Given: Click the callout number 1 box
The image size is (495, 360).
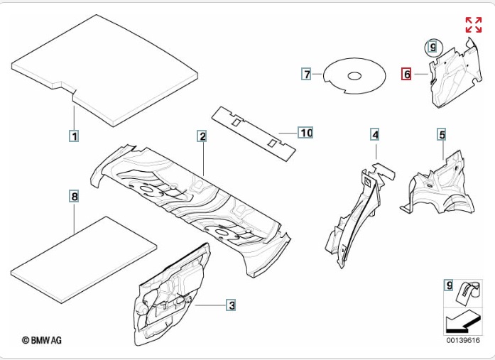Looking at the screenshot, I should tap(73, 134).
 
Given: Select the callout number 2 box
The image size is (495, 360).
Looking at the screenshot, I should tap(202, 136).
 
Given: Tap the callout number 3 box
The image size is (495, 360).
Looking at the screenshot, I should tap(231, 305).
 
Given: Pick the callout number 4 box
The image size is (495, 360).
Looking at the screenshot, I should tap(375, 133).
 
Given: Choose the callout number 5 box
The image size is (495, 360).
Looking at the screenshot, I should tap(441, 133).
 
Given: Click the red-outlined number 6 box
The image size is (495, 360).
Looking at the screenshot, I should tap(407, 74).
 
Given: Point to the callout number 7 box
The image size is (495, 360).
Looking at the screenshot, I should tap(306, 74).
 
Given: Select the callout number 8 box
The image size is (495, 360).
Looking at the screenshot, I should tap(74, 195).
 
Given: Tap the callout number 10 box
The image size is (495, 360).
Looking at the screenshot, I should tap(305, 133).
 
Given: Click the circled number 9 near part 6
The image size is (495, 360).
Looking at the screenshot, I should tap(432, 48).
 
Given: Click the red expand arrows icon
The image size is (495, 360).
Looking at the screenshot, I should tap(473, 25).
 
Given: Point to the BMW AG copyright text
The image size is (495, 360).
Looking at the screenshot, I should tap(42, 341).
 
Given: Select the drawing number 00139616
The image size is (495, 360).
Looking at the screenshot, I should tap(462, 341).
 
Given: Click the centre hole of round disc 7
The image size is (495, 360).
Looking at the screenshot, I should tap(352, 75).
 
